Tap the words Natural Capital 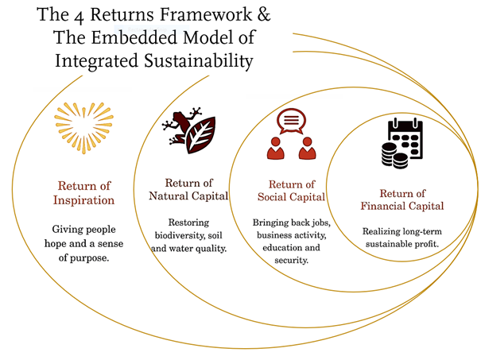(x=188, y=195)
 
